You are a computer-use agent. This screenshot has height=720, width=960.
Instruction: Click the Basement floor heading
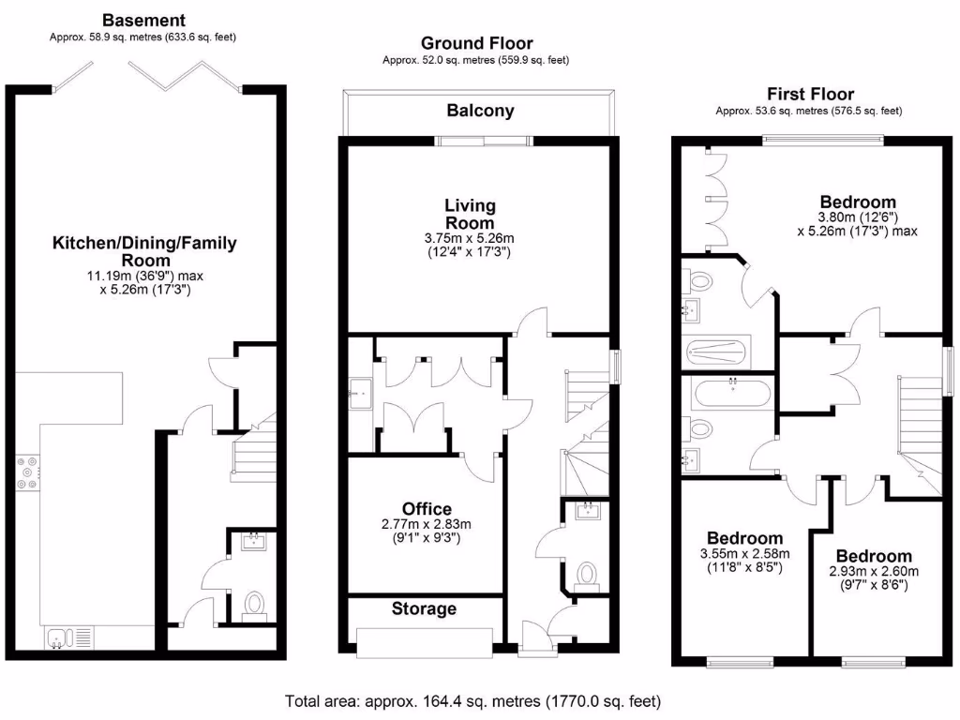point(143,20)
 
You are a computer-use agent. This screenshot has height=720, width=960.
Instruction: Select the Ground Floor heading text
point(476,43)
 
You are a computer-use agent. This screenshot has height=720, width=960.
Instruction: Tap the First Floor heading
point(810,94)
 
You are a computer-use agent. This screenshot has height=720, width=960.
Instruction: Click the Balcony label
point(480,111)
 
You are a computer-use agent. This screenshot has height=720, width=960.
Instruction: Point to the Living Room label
point(470,214)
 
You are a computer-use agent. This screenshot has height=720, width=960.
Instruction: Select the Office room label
point(427,509)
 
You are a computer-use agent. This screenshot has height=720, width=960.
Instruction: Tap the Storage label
point(424,608)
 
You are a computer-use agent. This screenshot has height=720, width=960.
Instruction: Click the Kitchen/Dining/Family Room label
point(144,251)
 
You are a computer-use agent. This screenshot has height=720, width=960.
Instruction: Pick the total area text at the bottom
point(473,700)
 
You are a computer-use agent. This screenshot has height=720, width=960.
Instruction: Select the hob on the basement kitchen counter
point(26,473)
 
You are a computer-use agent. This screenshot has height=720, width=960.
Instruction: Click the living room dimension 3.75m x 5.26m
point(470,245)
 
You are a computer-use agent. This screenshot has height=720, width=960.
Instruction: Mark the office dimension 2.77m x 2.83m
point(427,532)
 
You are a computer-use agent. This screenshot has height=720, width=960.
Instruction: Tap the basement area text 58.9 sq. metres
point(143,37)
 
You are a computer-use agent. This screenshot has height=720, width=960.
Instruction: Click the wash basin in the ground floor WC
point(589,512)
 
